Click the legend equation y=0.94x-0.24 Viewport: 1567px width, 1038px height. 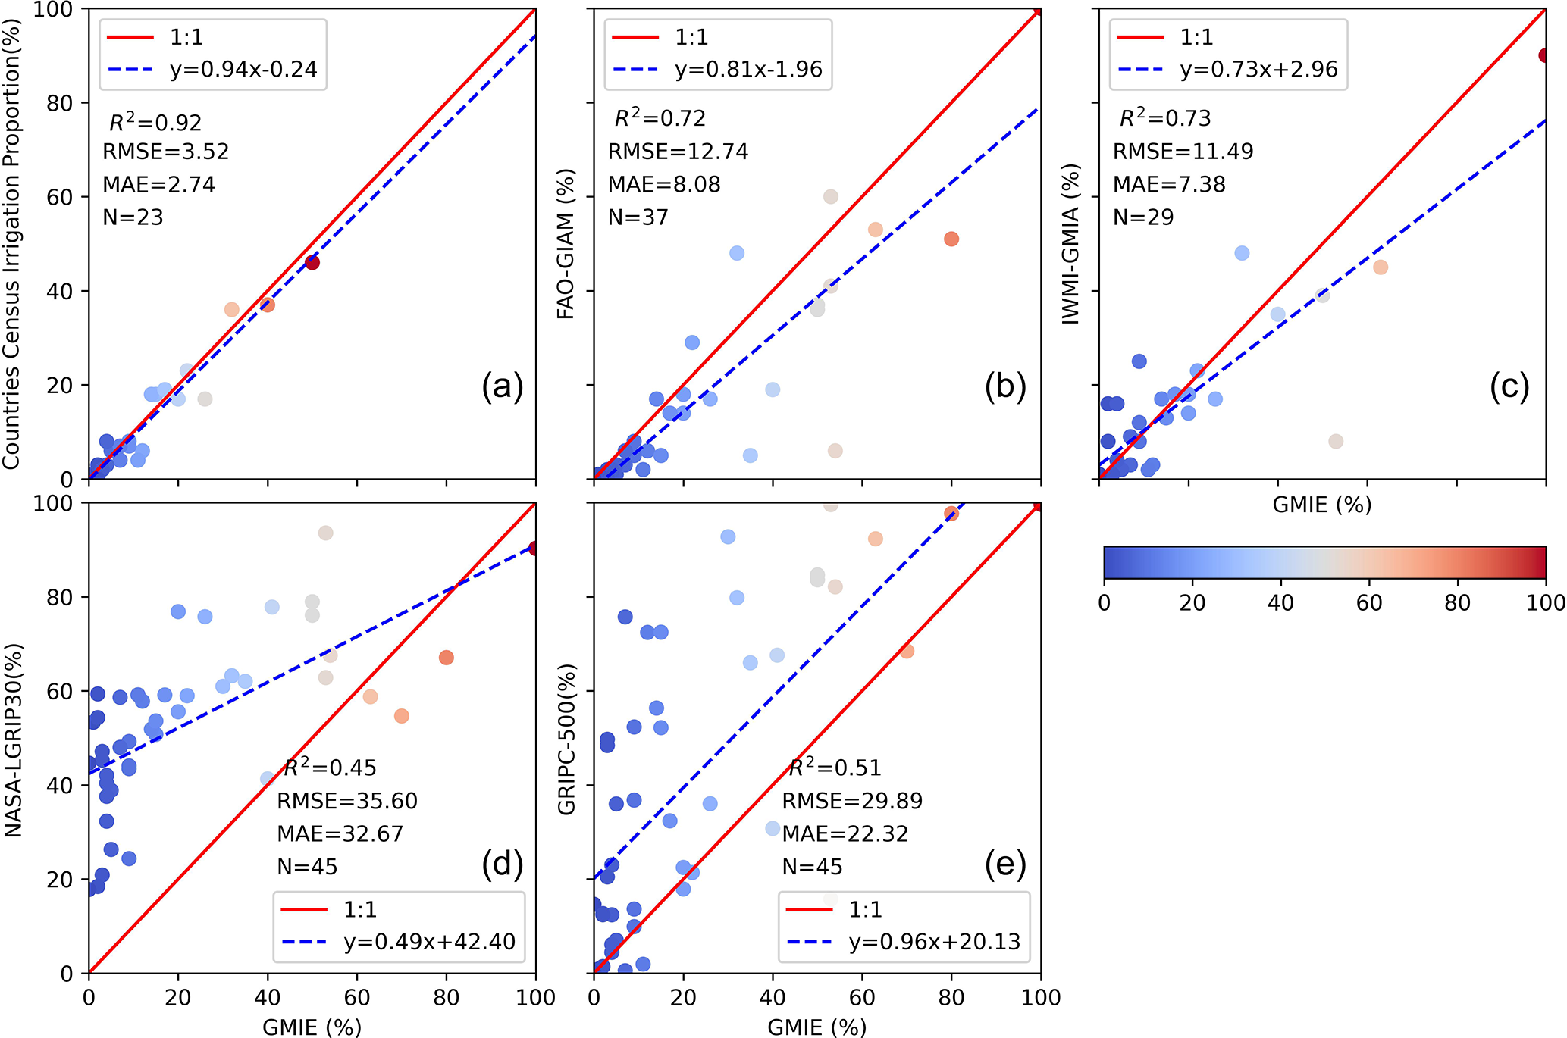(x=243, y=70)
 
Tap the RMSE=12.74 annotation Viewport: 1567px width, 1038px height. (x=678, y=152)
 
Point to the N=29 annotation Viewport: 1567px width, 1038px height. (x=1143, y=217)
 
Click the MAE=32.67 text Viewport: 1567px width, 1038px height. (x=340, y=833)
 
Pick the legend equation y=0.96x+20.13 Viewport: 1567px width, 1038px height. (x=934, y=942)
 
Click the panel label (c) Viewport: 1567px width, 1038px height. (x=1509, y=386)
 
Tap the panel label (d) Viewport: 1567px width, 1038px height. (x=502, y=864)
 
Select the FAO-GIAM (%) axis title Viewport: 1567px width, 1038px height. (x=566, y=244)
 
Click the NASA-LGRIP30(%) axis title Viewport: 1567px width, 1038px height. (x=14, y=739)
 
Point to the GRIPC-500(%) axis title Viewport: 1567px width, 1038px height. (x=566, y=739)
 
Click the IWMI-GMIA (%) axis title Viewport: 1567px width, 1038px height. (x=1070, y=244)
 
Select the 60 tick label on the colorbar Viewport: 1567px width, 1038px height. (x=1368, y=603)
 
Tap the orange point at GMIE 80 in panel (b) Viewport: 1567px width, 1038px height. (x=951, y=239)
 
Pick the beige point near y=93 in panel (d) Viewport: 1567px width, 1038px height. (x=325, y=533)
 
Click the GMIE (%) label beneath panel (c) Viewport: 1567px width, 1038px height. (x=1322, y=505)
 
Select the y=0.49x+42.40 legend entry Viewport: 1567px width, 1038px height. (x=429, y=942)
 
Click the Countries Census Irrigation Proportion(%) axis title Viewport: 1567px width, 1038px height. (x=12, y=244)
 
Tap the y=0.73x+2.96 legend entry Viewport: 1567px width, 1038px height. (x=1258, y=70)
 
